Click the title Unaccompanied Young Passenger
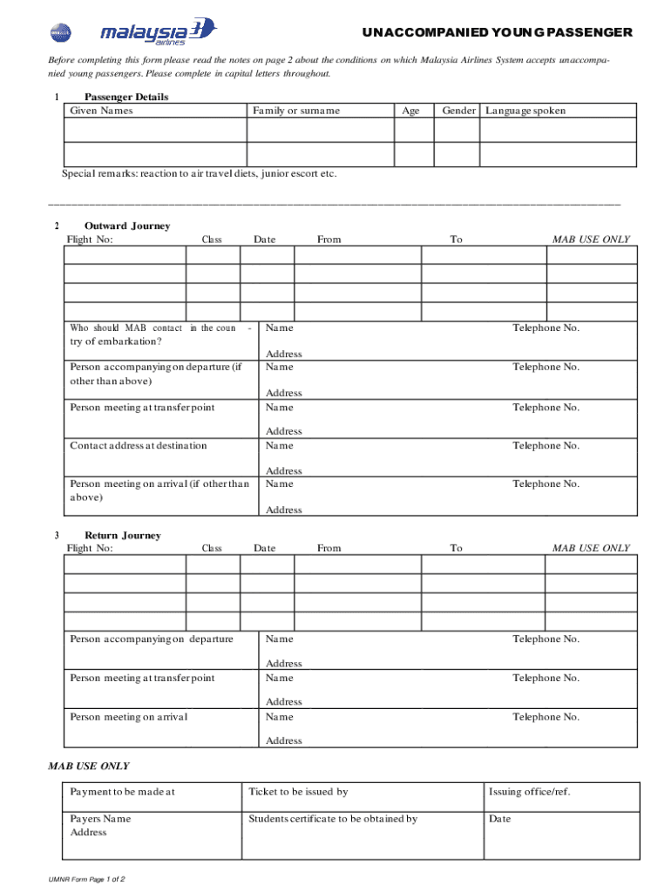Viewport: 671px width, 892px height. pyautogui.click(x=498, y=32)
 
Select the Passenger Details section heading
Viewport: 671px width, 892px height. pyautogui.click(x=126, y=97)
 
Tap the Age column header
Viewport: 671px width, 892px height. pyautogui.click(x=410, y=111)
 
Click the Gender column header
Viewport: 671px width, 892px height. pyautogui.click(x=458, y=111)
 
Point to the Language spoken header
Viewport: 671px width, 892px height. pyautogui.click(x=525, y=111)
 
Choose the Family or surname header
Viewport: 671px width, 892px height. pyautogui.click(x=296, y=111)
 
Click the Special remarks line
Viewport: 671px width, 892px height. pyautogui.click(x=199, y=173)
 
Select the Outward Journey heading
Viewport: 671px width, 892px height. pyautogui.click(x=127, y=226)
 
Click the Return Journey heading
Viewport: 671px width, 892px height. pyautogui.click(x=123, y=535)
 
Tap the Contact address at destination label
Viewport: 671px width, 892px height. pyautogui.click(x=139, y=445)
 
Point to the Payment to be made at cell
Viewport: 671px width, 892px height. pyautogui.click(x=123, y=792)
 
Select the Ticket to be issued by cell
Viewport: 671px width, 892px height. pyautogui.click(x=298, y=792)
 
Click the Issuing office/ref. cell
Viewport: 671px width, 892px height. pyautogui.click(x=530, y=792)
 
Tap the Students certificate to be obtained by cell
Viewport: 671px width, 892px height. pyautogui.click(x=333, y=819)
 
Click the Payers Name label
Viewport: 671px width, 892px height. pyautogui.click(x=100, y=819)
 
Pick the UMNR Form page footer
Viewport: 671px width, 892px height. pyautogui.click(x=87, y=880)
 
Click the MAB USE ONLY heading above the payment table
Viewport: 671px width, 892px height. pyautogui.click(x=88, y=766)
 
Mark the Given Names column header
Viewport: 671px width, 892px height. pyautogui.click(x=102, y=111)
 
